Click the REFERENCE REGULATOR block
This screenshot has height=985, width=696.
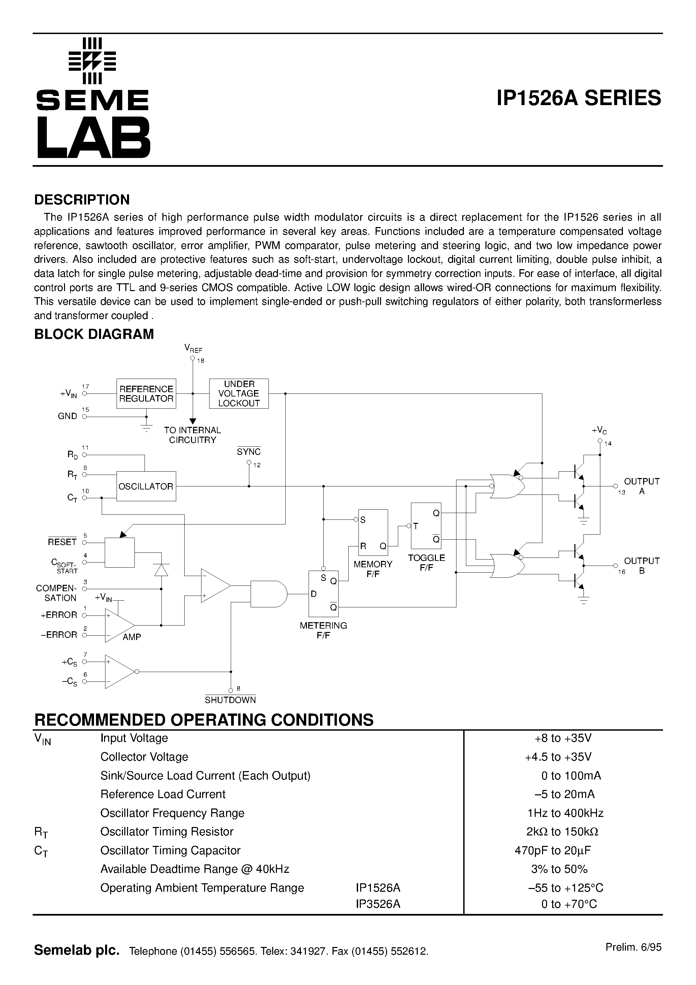pos(146,393)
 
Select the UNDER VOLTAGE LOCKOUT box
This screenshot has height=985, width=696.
pos(239,393)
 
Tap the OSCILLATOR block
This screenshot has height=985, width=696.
pos(146,486)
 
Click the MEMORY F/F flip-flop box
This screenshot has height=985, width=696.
pos(373,532)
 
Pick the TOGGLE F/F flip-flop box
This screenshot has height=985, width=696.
pos(426,526)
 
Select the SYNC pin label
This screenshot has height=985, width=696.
pos(249,452)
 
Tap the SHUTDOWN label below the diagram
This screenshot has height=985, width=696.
pos(230,700)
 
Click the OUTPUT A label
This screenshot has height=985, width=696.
pos(641,486)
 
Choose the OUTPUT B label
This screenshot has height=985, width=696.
pos(641,565)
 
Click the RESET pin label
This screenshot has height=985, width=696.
pos(62,542)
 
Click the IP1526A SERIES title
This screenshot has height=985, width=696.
pos(579,98)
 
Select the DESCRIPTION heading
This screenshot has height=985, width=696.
pos(82,200)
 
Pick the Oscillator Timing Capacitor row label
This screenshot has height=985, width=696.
pos(170,850)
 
